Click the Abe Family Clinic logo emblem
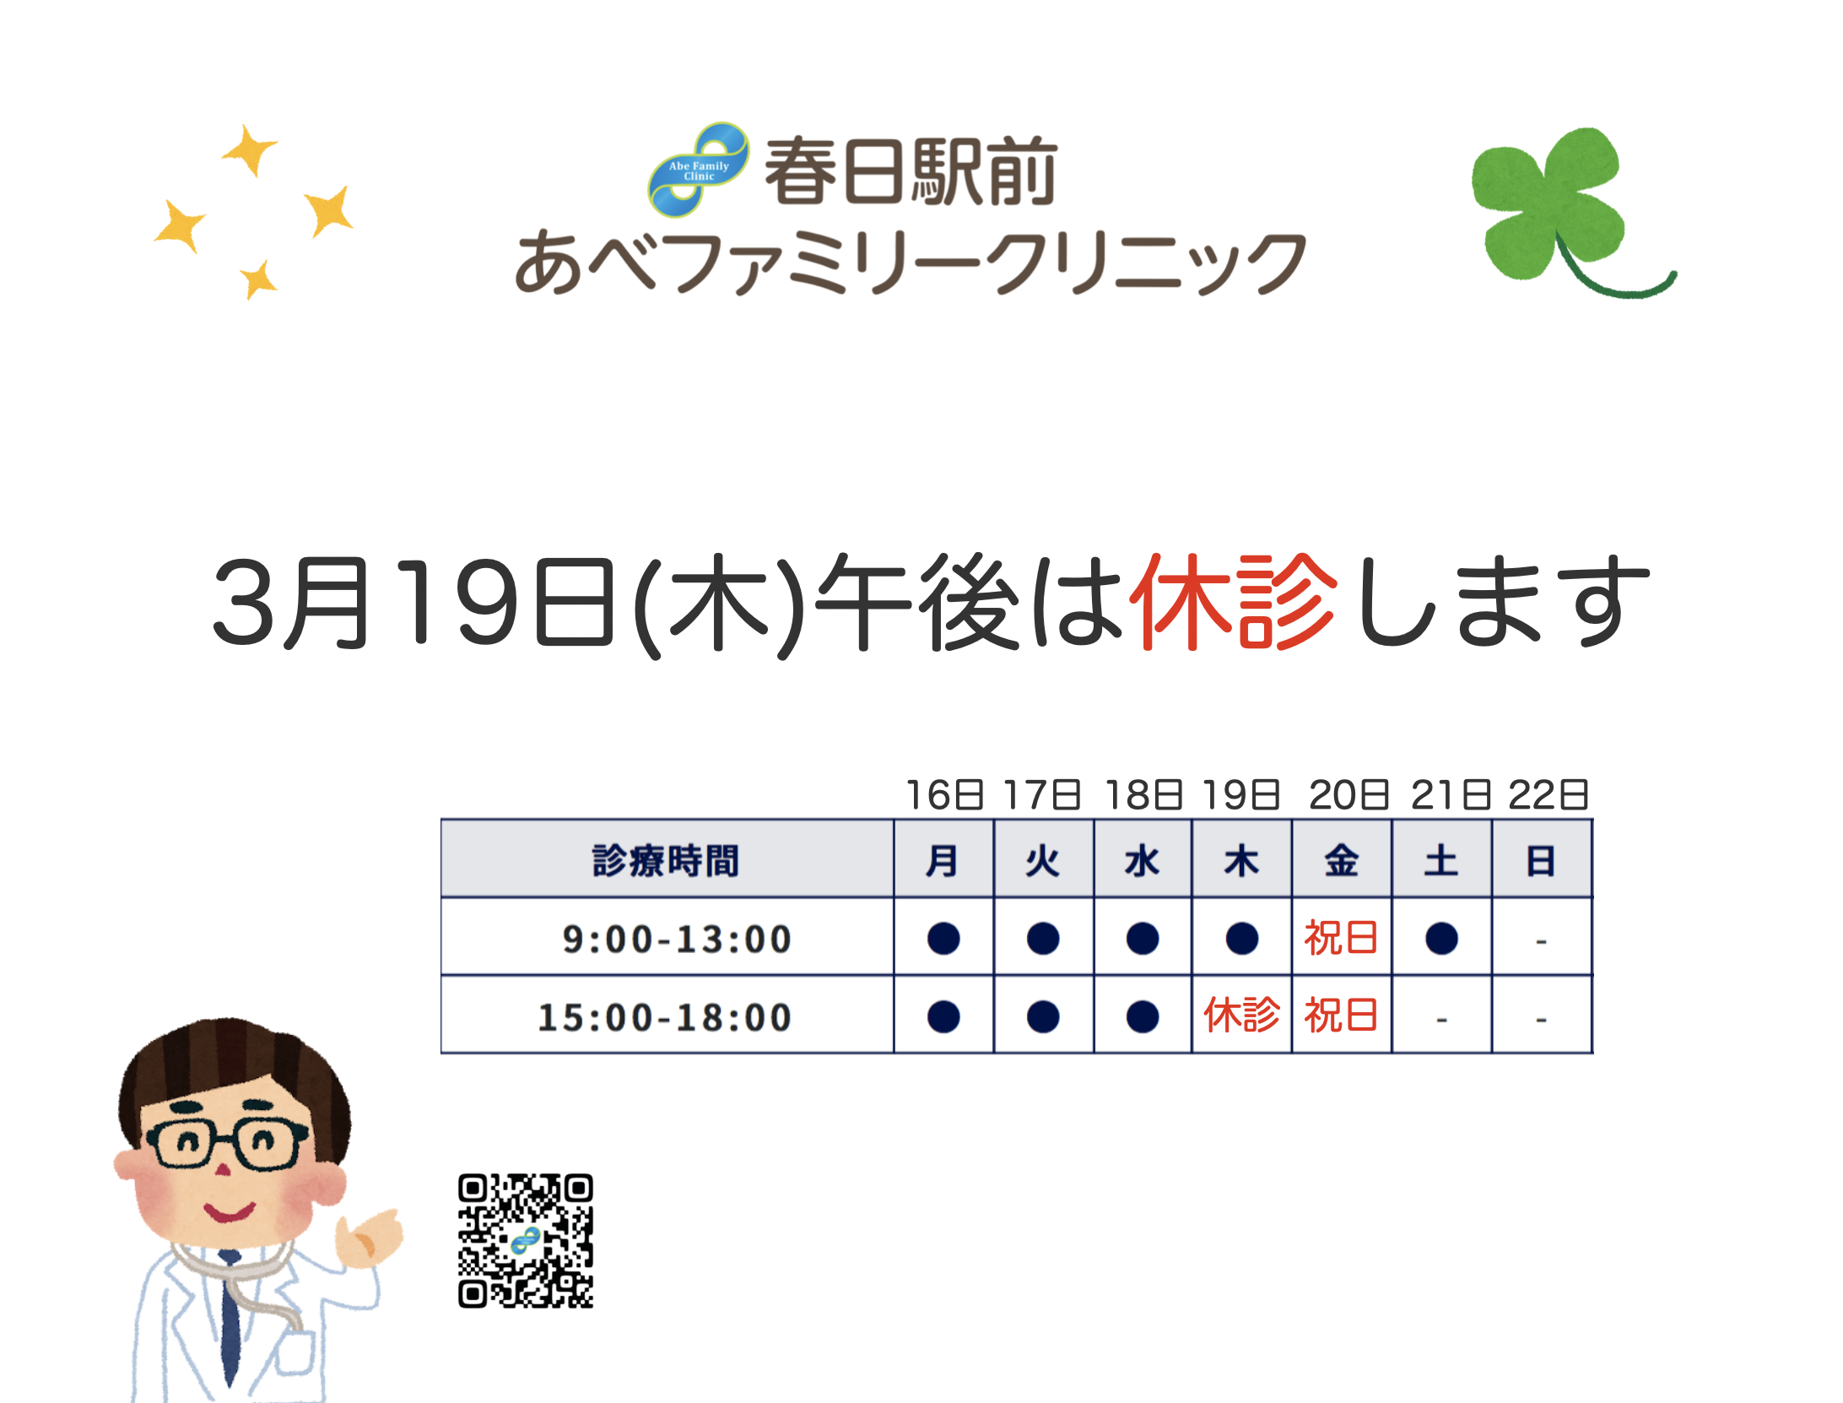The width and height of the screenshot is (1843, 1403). click(x=699, y=169)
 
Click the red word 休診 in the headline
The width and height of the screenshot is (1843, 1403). click(x=1235, y=602)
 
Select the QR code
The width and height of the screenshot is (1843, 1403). click(x=526, y=1240)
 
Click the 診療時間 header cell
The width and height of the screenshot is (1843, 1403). click(x=666, y=860)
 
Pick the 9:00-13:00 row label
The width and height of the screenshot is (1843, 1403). click(x=677, y=939)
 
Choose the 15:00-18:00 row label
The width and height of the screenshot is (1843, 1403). click(x=665, y=1017)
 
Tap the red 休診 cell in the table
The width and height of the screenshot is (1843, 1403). click(x=1241, y=1015)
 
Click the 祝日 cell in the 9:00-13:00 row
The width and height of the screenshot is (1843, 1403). click(x=1341, y=938)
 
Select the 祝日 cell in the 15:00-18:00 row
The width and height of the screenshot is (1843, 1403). click(x=1341, y=1015)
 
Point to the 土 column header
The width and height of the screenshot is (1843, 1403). click(x=1441, y=861)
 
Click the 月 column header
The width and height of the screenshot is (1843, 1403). click(x=943, y=861)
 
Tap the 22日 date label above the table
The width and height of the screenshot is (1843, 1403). click(x=1548, y=795)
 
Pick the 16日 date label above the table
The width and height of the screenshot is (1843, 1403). click(x=944, y=795)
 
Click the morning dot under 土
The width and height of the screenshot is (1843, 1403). click(x=1441, y=939)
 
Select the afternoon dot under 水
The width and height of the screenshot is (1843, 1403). click(x=1143, y=1016)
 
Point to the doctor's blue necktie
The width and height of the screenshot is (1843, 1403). click(x=230, y=1317)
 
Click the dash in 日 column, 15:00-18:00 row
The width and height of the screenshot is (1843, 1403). click(x=1541, y=1020)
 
